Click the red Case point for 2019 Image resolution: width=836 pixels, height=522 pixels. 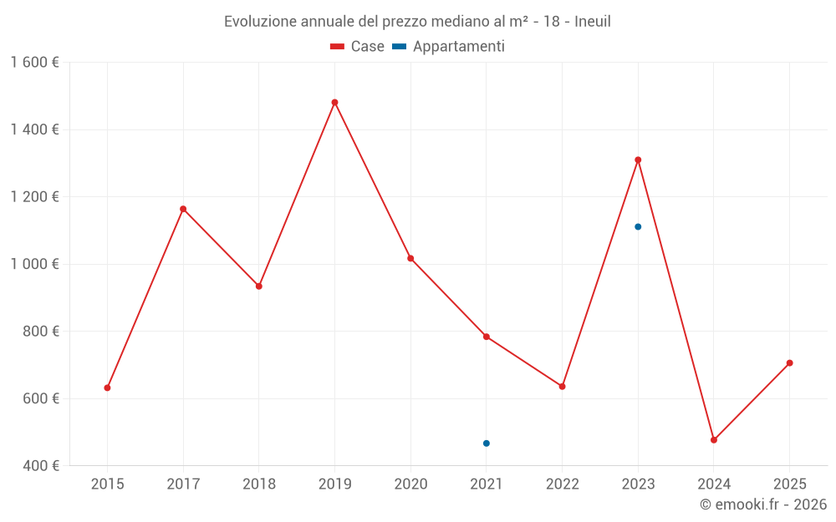(x=334, y=103)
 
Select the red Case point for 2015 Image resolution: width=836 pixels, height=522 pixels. (x=107, y=388)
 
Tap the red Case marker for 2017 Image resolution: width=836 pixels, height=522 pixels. (x=183, y=209)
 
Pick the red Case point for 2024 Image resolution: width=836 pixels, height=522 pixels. (x=714, y=440)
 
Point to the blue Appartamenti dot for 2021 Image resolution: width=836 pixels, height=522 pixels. (x=487, y=443)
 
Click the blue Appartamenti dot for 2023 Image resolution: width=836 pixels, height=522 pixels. (x=638, y=226)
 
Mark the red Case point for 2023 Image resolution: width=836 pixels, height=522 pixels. (x=638, y=160)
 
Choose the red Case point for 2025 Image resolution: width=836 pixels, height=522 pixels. (x=789, y=363)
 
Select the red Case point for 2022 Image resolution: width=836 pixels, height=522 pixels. (x=562, y=387)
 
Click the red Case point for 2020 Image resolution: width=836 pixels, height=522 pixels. (x=410, y=258)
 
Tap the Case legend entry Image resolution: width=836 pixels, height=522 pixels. (x=358, y=47)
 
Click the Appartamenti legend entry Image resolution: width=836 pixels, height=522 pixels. (x=449, y=47)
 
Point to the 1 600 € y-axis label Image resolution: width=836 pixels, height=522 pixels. (x=34, y=63)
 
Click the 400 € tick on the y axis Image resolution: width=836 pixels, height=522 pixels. (x=40, y=465)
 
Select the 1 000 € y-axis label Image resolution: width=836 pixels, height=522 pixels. (x=34, y=264)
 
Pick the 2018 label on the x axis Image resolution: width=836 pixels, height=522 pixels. (x=258, y=484)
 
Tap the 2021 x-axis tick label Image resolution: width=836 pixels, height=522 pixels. (x=487, y=484)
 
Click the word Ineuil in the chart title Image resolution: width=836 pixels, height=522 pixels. (x=593, y=21)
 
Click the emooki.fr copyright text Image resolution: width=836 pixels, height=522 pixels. (x=763, y=504)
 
